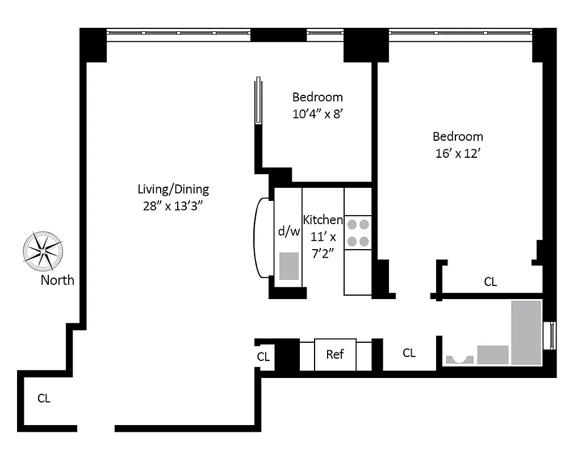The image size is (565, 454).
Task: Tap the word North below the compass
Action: [x=57, y=280]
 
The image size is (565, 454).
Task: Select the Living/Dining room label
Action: [x=173, y=189]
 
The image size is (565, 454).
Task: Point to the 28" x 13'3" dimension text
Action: [x=173, y=206]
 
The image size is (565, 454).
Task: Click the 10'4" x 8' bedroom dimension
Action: [x=318, y=113]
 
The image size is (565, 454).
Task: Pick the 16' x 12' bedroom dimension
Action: [x=458, y=153]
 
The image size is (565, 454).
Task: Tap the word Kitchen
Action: [x=323, y=220]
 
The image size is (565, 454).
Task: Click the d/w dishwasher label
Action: [x=288, y=231]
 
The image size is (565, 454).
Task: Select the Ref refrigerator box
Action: [x=335, y=355]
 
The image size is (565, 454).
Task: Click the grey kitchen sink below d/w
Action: [x=289, y=266]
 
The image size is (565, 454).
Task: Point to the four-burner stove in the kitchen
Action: [x=358, y=233]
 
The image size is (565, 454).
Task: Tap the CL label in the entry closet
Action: [x=44, y=398]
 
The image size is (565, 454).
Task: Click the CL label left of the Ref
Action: [x=263, y=357]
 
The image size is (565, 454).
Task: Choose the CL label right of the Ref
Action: [x=409, y=353]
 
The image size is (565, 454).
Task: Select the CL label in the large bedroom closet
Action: [x=490, y=281]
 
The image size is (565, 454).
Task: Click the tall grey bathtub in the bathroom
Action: [x=526, y=332]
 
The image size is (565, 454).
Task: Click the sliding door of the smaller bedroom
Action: [x=258, y=100]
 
